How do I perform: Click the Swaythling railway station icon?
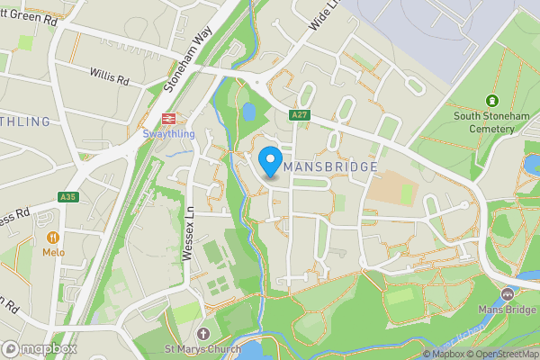[167, 118]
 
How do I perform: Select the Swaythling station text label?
[167, 134]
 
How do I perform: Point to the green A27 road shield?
[300, 115]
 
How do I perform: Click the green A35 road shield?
[67, 197]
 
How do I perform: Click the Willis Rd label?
[110, 76]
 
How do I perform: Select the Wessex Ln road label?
[189, 237]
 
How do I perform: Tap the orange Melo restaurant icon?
[52, 238]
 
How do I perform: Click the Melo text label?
[53, 254]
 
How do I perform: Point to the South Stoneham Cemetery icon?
[491, 101]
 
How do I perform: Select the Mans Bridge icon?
[507, 293]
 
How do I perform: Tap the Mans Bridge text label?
[507, 310]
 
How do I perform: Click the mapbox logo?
[39, 348]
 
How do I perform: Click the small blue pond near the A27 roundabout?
[247, 112]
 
